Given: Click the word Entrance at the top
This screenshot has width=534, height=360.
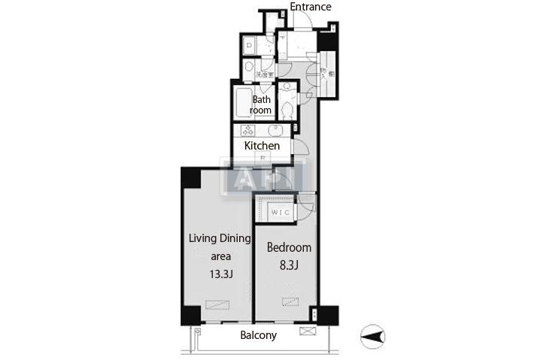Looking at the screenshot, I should tap(311, 7).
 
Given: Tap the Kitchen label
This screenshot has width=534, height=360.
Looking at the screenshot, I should tap(262, 145).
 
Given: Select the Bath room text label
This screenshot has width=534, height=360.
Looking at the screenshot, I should tap(261, 105).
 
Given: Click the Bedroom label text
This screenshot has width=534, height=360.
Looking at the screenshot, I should tap(290, 247).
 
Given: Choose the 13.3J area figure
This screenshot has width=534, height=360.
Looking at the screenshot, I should tap(220, 273).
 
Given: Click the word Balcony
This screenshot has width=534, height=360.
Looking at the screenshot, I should tap(258, 335).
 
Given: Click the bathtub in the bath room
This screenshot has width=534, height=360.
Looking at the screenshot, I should tap(241, 103).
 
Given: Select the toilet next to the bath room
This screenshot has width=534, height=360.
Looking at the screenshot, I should tap(287, 110).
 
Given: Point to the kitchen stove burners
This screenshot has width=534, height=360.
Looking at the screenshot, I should tap(249, 129).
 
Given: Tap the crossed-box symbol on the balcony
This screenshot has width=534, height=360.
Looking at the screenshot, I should tap(306, 331).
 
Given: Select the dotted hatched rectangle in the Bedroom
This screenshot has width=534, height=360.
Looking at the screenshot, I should tap(290, 301).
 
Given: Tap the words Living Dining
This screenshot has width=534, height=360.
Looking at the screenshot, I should tap(218, 239).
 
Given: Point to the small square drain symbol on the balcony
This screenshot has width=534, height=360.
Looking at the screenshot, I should tap(198, 331).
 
